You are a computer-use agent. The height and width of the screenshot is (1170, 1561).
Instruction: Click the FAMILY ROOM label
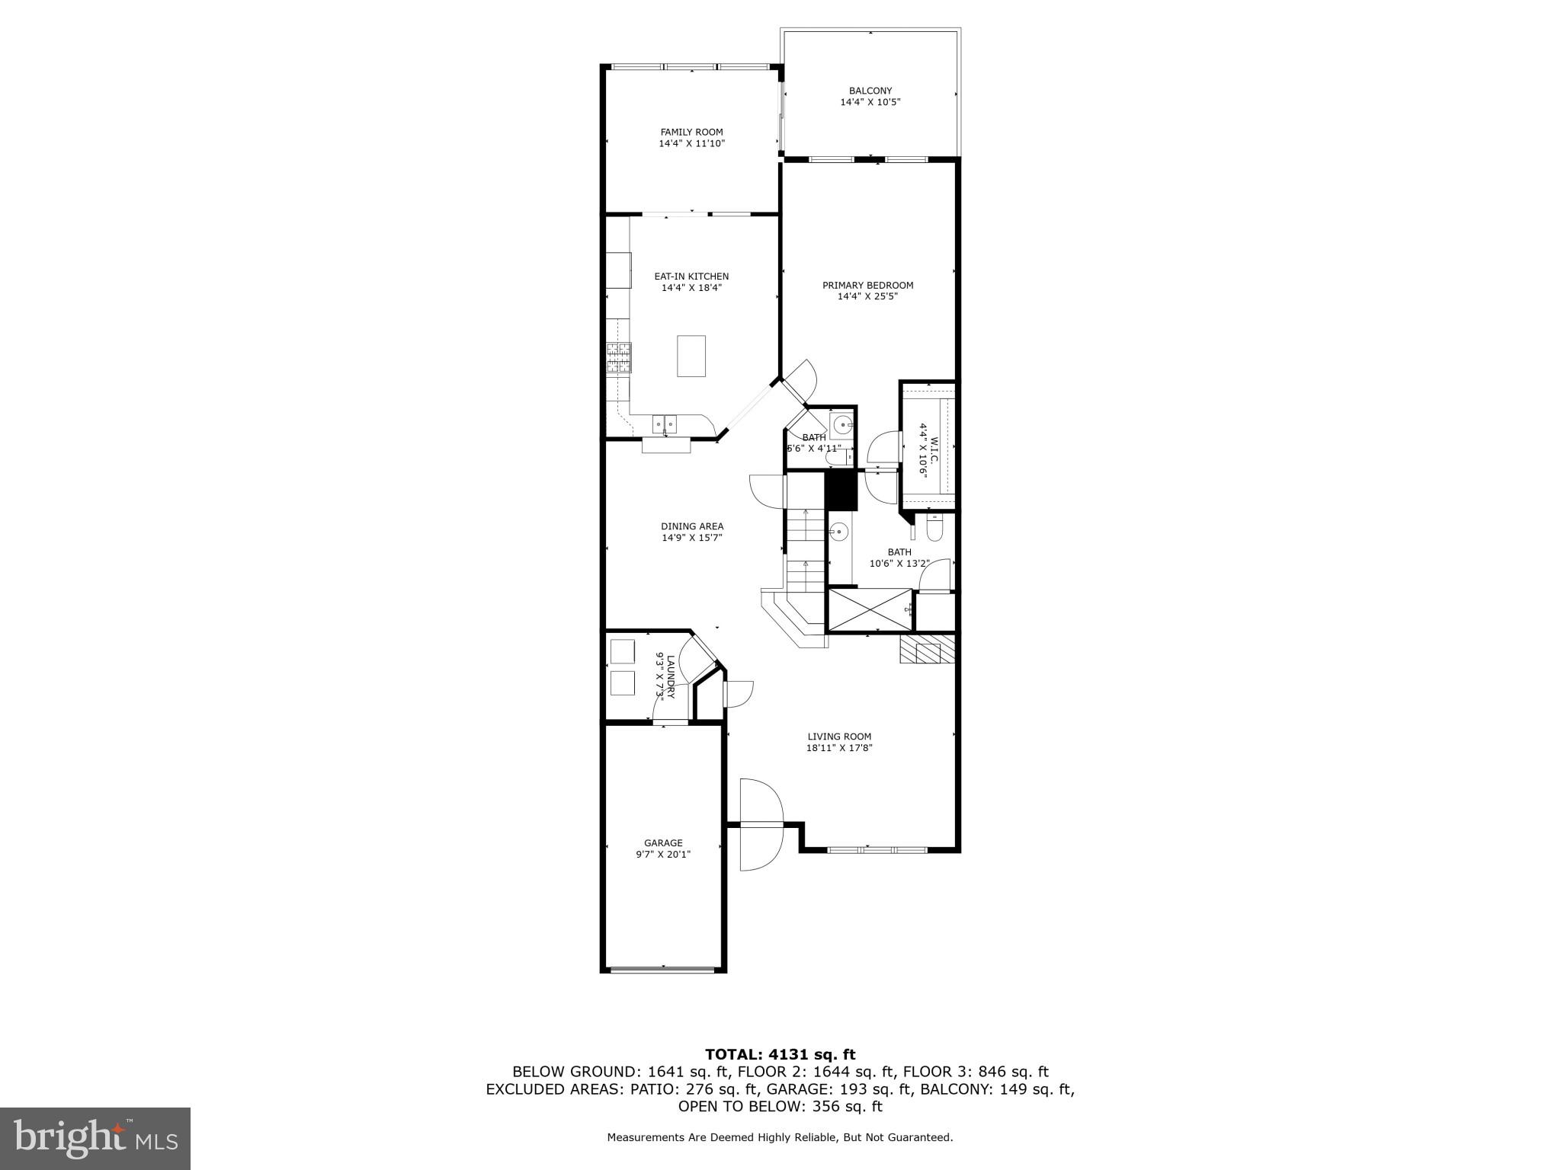(691, 132)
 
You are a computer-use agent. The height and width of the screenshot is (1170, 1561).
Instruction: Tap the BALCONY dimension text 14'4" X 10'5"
(870, 102)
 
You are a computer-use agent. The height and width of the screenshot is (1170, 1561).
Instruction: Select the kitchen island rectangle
(691, 356)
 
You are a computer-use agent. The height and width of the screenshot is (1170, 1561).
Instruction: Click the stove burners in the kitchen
(619, 357)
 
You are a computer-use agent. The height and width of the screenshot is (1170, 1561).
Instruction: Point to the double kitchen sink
(665, 424)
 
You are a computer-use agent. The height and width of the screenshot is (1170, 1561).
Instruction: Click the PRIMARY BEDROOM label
(867, 286)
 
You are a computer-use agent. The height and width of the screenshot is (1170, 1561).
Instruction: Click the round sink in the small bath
(841, 425)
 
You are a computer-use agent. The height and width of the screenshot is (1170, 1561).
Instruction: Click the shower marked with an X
(870, 609)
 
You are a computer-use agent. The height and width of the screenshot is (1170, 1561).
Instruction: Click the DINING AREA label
(691, 526)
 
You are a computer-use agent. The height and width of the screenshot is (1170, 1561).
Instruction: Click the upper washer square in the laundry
(623, 652)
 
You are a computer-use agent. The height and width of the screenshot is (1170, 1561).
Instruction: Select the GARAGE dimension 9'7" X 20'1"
(663, 855)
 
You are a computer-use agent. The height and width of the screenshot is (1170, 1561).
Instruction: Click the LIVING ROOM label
(839, 737)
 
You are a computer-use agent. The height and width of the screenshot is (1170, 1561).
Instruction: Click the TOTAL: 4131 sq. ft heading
(780, 1055)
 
